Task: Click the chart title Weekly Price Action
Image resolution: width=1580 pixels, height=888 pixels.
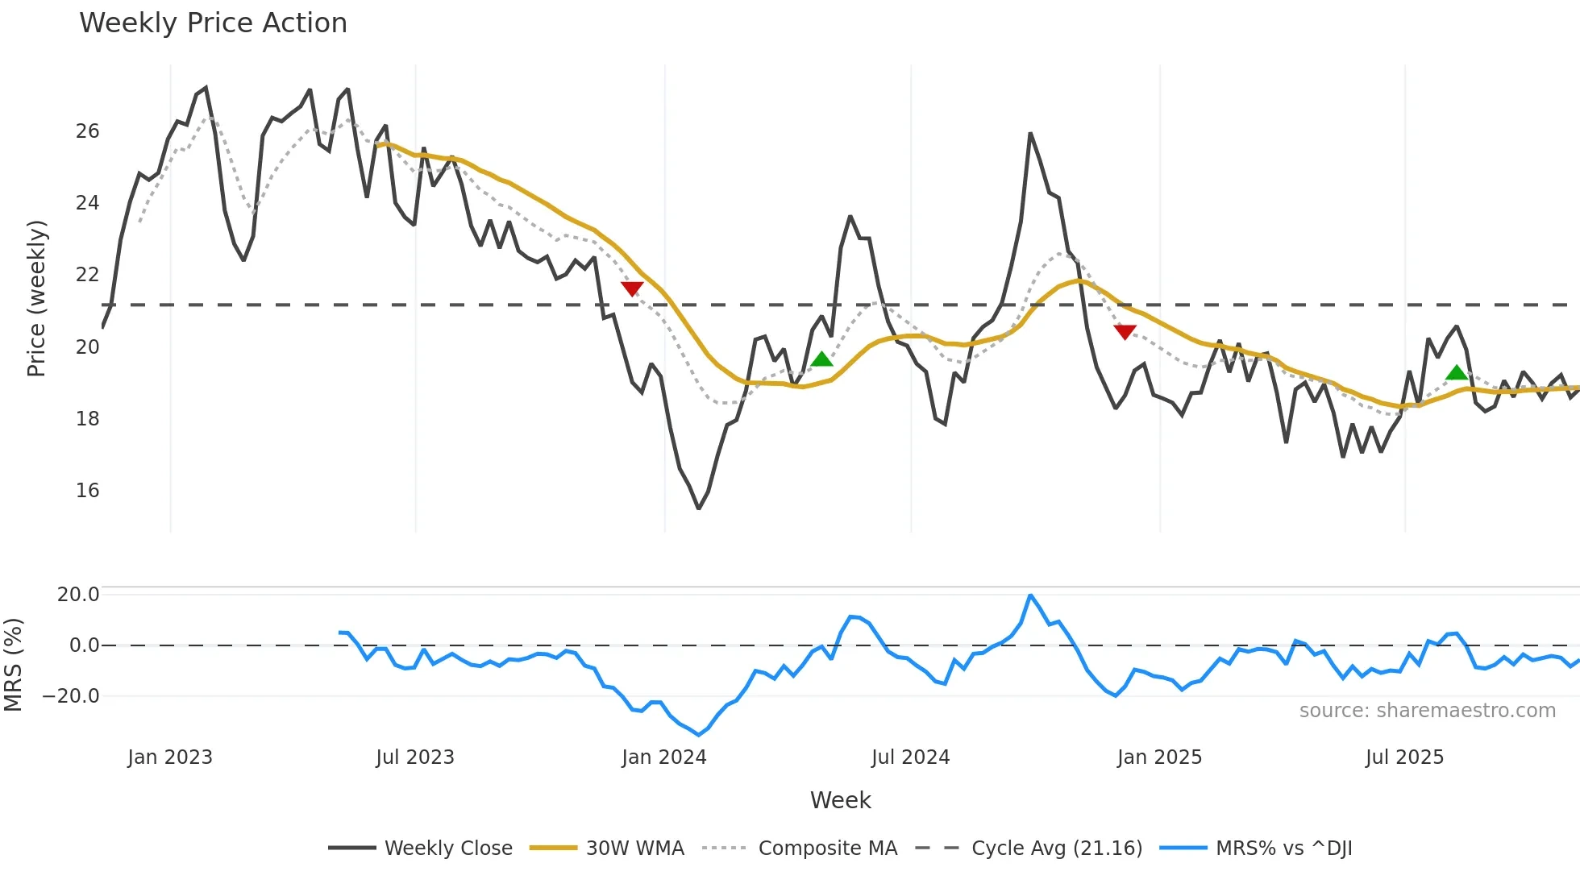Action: [213, 23]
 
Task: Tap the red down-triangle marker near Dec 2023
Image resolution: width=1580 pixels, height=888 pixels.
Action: [632, 288]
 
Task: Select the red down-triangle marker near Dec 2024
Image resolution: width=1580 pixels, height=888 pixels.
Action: [1125, 332]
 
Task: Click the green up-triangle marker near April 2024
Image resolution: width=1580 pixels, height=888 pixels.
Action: [821, 359]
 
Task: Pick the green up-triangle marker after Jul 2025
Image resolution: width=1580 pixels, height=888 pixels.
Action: [1457, 372]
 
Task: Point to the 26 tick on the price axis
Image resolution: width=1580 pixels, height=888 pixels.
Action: [87, 131]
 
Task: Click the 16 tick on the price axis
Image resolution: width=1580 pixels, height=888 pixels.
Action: [87, 490]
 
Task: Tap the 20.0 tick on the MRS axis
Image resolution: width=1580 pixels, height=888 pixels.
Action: [78, 595]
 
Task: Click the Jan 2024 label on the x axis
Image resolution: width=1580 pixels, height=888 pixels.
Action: [663, 757]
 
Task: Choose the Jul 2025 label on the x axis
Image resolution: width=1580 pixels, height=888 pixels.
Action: [1404, 757]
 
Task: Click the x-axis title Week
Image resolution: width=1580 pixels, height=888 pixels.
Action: [840, 800]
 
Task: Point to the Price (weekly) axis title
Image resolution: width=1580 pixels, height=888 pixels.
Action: [37, 298]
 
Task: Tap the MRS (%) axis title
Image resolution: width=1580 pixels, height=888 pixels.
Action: [13, 665]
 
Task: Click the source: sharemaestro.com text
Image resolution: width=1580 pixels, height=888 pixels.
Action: [1427, 711]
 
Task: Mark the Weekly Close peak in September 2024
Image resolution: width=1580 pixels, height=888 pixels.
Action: [1030, 134]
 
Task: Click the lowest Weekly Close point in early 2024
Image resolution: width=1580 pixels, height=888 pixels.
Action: [698, 508]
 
